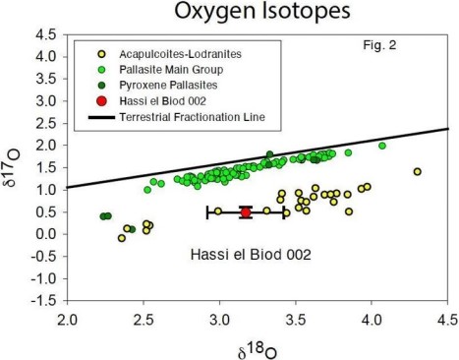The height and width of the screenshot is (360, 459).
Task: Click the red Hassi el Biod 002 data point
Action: (x=246, y=211)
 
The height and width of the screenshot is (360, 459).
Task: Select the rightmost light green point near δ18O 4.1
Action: (x=382, y=146)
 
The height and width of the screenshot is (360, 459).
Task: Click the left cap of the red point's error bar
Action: (x=208, y=211)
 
